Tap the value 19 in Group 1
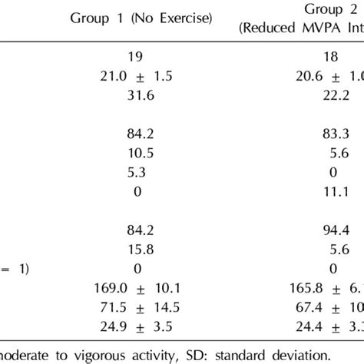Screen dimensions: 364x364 [x=137, y=56]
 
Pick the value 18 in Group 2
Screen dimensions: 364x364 [x=332, y=56]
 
